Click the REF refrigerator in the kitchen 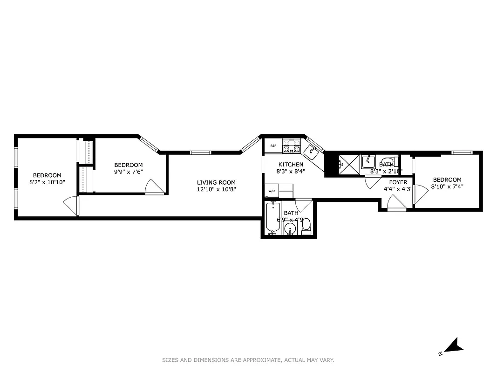point(273,146)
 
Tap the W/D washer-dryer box point(272,190)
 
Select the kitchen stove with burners point(292,146)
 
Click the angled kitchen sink point(312,151)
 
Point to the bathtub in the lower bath point(272,218)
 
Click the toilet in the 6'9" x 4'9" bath point(306,226)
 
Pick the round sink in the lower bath point(290,229)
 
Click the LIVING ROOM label point(216,182)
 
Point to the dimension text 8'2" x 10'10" point(47,182)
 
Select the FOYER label point(398,182)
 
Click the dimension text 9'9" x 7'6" point(129,172)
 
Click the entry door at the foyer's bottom point(396,203)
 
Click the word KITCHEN point(291,165)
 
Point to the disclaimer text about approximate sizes point(248,360)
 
